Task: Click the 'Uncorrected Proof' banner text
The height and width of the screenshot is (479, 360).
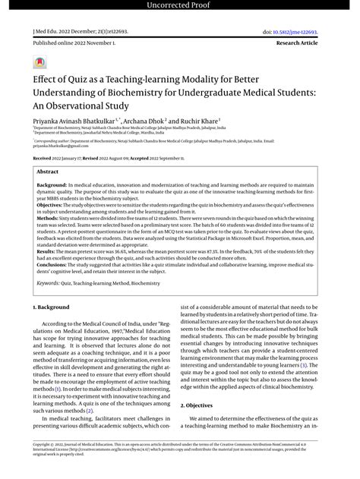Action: [180, 7]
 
